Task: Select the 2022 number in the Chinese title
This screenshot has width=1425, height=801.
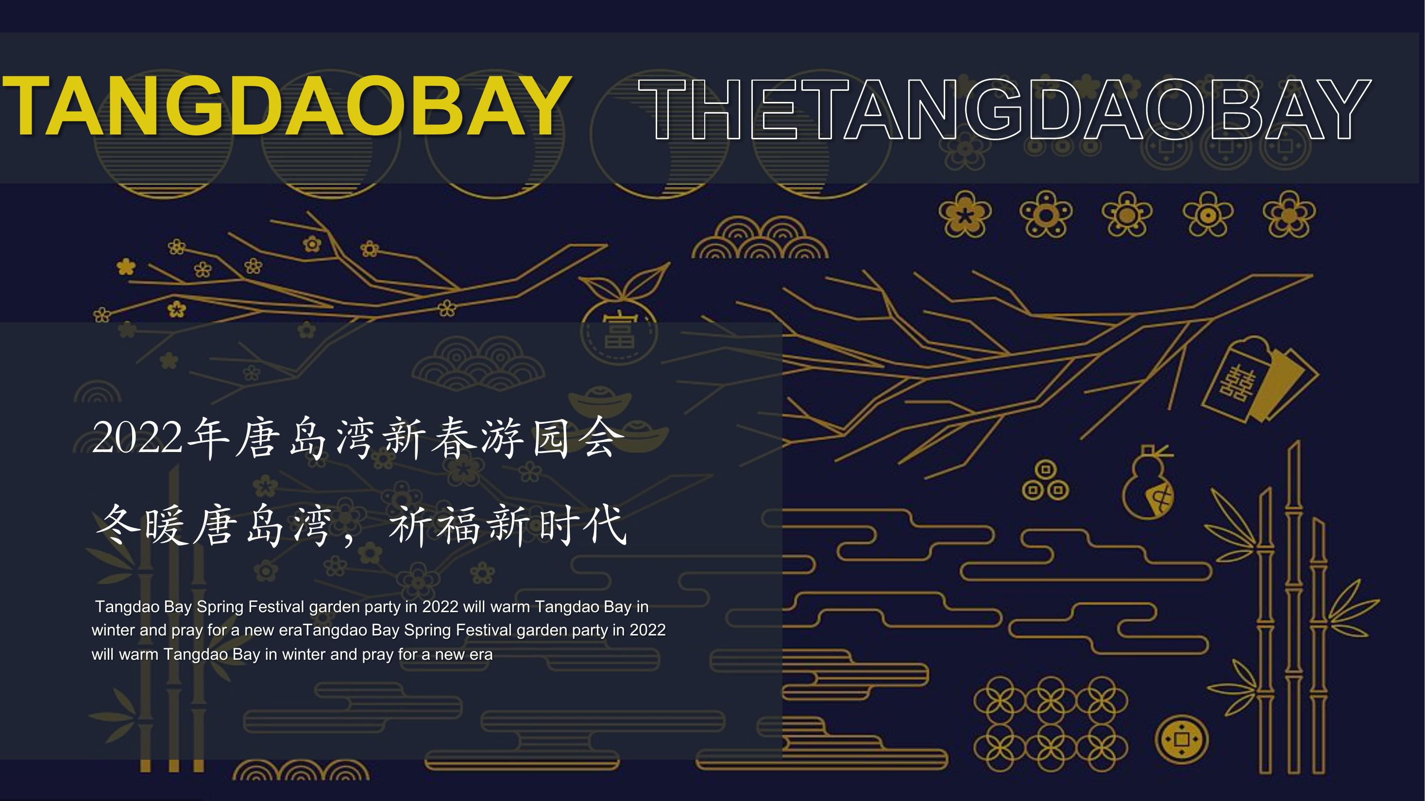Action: point(137,437)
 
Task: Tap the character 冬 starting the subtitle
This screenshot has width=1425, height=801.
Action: point(119,525)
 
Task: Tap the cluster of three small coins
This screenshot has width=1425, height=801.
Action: point(1045,481)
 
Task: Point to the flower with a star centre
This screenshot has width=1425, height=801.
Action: point(966,215)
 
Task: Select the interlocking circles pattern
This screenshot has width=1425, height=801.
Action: point(1051,724)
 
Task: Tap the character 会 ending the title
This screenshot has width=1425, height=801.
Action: point(601,437)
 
